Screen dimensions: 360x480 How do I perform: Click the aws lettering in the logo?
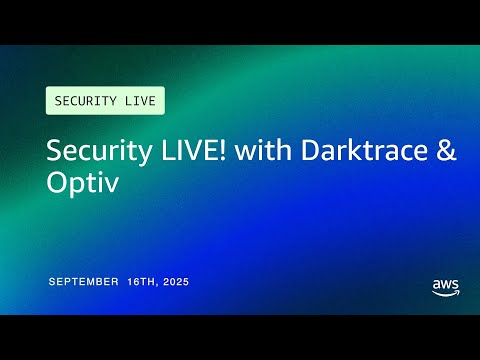446,284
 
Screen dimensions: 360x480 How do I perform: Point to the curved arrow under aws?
446,294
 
